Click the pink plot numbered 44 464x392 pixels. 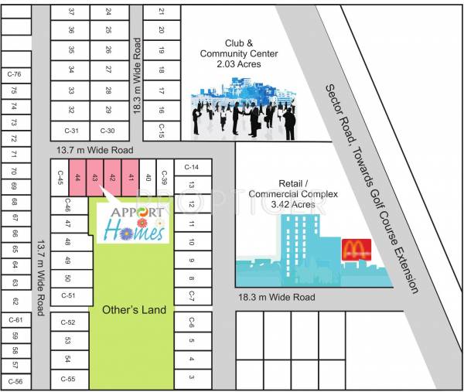click(x=77, y=178)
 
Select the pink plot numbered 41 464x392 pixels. click(x=131, y=178)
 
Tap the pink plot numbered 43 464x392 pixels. click(x=95, y=178)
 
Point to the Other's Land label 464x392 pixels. click(x=134, y=309)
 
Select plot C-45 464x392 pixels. click(x=60, y=178)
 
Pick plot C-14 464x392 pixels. click(x=193, y=167)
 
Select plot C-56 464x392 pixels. click(x=14, y=381)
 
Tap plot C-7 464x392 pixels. click(x=191, y=296)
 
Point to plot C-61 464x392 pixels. click(x=14, y=319)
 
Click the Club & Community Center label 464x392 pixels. click(x=240, y=53)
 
